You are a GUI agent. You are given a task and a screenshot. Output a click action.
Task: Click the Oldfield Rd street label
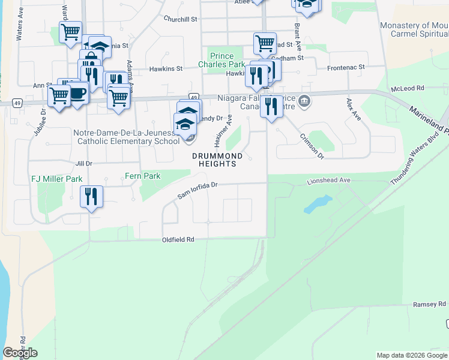pyautogui.click(x=178, y=239)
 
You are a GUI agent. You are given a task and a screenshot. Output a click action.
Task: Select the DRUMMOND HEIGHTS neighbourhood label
pyautogui.click(x=217, y=160)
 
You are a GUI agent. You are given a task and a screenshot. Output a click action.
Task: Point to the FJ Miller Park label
pyautogui.click(x=56, y=179)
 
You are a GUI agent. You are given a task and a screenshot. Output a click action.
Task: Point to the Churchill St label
pyautogui.click(x=180, y=19)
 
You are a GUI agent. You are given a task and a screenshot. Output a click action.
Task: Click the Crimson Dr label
pyautogui.click(x=312, y=146)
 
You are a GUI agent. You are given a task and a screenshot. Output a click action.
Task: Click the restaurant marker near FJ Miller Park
pyautogui.click(x=91, y=196)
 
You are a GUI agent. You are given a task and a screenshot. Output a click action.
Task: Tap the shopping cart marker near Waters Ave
pyautogui.click(x=70, y=31)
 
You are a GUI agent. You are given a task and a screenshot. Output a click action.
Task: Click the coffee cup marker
pyautogui.click(x=78, y=93)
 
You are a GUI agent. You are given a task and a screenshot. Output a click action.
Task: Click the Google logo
pyautogui.click(x=20, y=353)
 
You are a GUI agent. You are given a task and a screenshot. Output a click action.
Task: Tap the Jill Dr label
pyautogui.click(x=83, y=163)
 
